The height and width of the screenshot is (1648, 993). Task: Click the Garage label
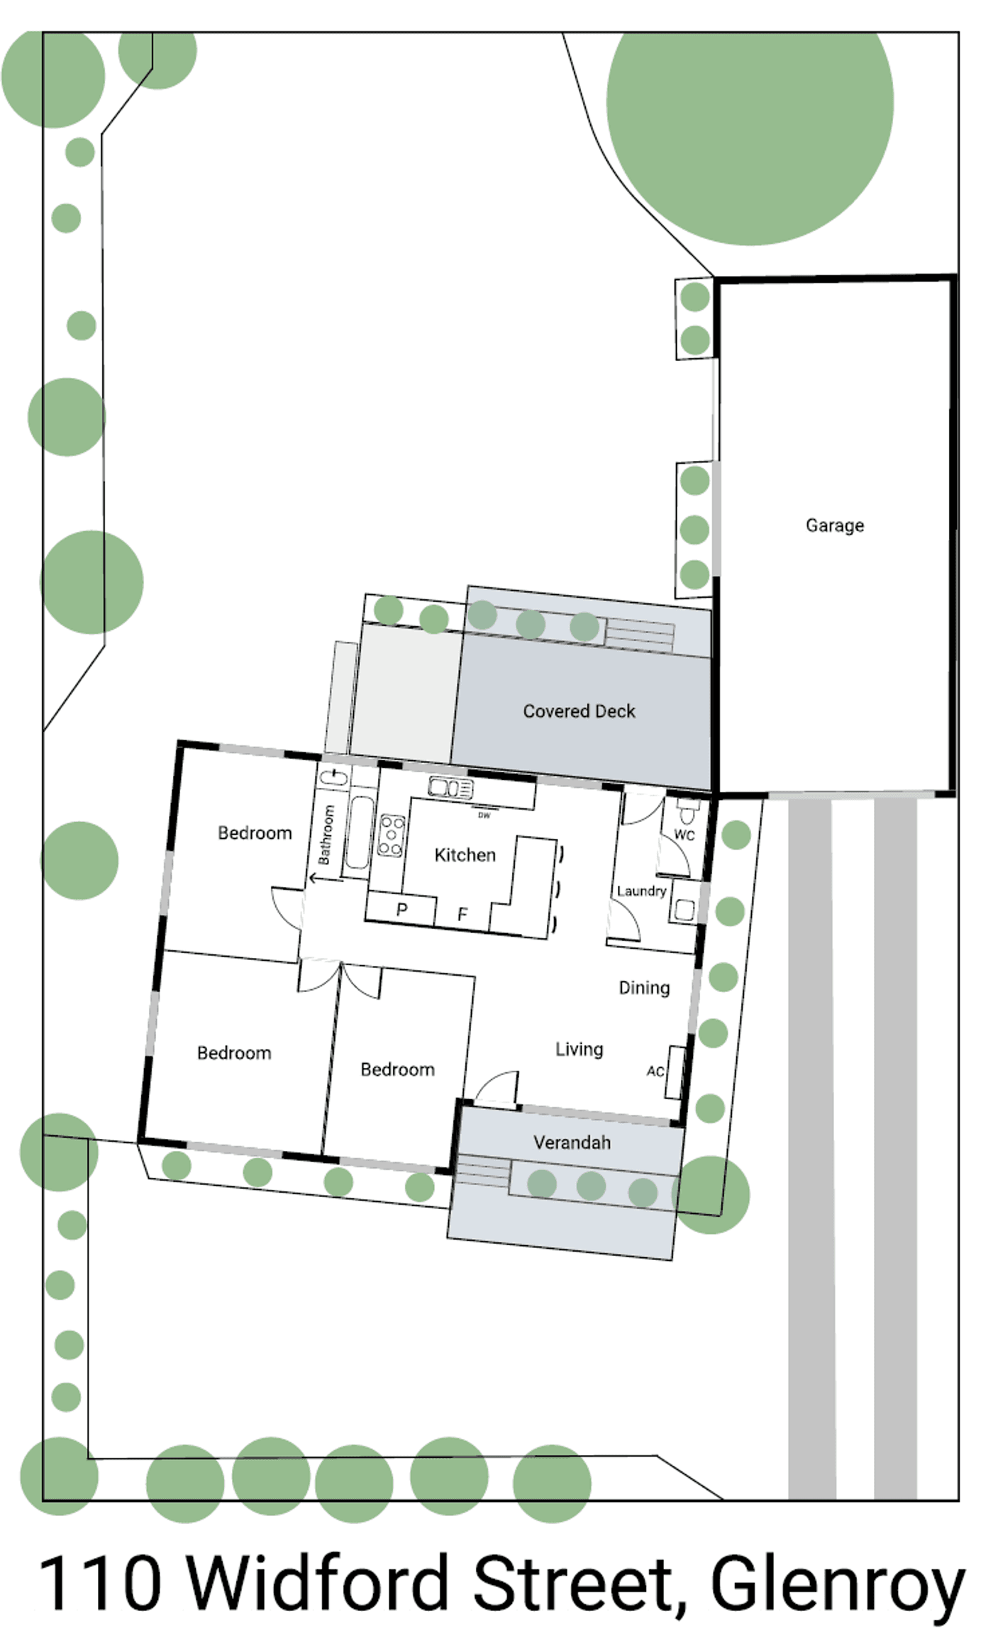(835, 525)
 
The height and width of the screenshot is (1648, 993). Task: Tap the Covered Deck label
(579, 711)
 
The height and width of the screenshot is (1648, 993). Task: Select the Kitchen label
(465, 855)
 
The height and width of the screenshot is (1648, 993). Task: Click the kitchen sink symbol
(450, 788)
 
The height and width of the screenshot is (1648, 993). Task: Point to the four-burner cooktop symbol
(392, 835)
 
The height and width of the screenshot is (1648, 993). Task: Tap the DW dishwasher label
(484, 815)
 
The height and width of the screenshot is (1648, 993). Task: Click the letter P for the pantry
(401, 910)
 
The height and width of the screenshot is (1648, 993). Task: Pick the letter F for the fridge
(462, 915)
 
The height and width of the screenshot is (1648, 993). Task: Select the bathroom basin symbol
(333, 778)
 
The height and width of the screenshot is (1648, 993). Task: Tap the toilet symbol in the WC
(687, 811)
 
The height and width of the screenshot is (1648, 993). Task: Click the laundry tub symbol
(684, 909)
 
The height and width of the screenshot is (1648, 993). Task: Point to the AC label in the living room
(655, 1071)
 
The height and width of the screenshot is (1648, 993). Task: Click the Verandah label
(572, 1142)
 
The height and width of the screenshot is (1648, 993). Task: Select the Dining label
(644, 988)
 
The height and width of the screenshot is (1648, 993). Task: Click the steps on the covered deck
(640, 635)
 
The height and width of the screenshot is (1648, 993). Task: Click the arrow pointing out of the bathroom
(326, 879)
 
